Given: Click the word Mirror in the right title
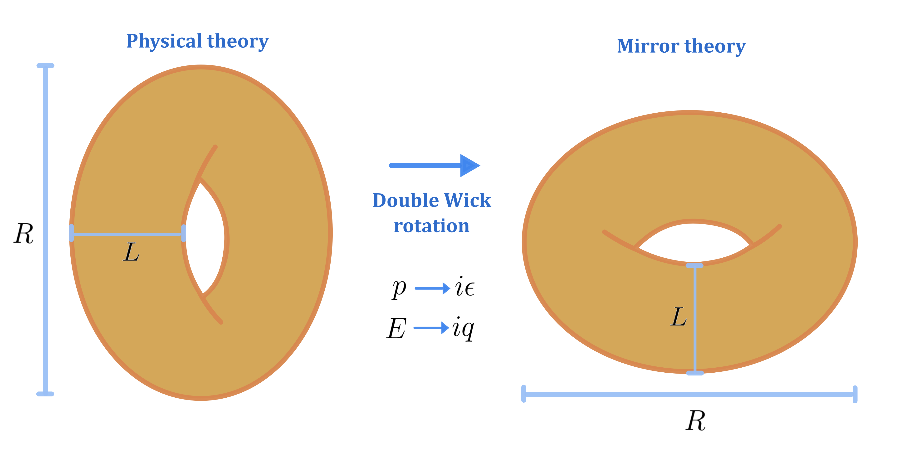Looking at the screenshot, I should (648, 46).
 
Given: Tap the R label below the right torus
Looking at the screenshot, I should (695, 421).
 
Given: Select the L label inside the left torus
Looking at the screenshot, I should (131, 252).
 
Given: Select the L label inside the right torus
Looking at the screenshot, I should (679, 317).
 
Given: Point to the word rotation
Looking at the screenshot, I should (432, 226).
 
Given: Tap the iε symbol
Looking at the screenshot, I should (464, 287).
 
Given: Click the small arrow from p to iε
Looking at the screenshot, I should (432, 289).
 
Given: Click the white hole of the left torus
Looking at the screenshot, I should (206, 238).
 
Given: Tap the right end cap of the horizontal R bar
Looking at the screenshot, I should (855, 394).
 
